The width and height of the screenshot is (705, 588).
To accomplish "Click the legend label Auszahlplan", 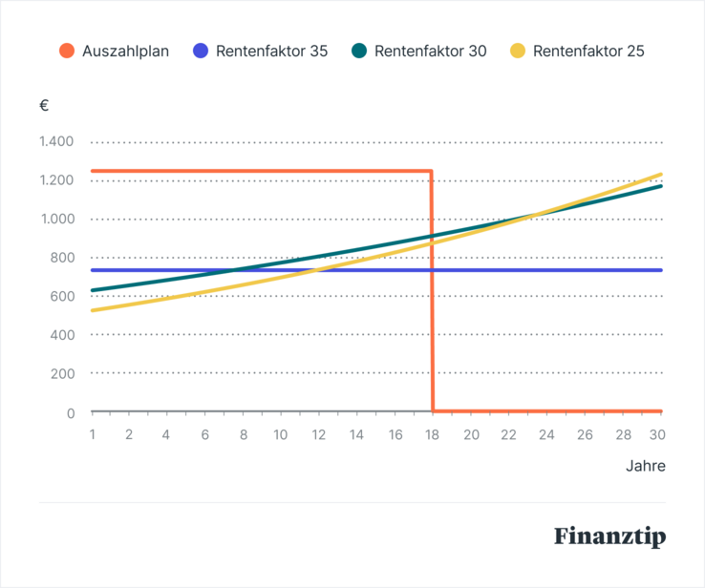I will pyautogui.click(x=125, y=51).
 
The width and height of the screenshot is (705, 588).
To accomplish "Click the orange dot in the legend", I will pyautogui.click(x=65, y=51).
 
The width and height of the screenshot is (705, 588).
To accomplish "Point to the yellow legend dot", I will pyautogui.click(x=517, y=51).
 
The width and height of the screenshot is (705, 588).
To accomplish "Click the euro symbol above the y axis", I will pyautogui.click(x=44, y=105).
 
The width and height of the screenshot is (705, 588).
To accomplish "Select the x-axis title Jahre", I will pyautogui.click(x=645, y=467).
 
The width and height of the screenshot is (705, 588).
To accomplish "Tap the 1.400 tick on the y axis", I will pyautogui.click(x=56, y=142).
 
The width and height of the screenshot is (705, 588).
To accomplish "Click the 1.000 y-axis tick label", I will pyautogui.click(x=56, y=220).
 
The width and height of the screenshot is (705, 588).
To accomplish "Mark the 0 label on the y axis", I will pyautogui.click(x=70, y=412).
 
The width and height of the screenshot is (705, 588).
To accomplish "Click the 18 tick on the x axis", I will pyautogui.click(x=433, y=434).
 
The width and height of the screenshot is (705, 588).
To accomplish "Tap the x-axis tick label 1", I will pyautogui.click(x=93, y=434).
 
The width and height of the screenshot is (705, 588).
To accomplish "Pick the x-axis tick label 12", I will pyautogui.click(x=319, y=434).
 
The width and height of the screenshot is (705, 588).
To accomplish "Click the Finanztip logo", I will pyautogui.click(x=609, y=535).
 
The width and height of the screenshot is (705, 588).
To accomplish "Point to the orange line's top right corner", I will pyautogui.click(x=432, y=172).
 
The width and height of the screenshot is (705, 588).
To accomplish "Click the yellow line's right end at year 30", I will pyautogui.click(x=660, y=175).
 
